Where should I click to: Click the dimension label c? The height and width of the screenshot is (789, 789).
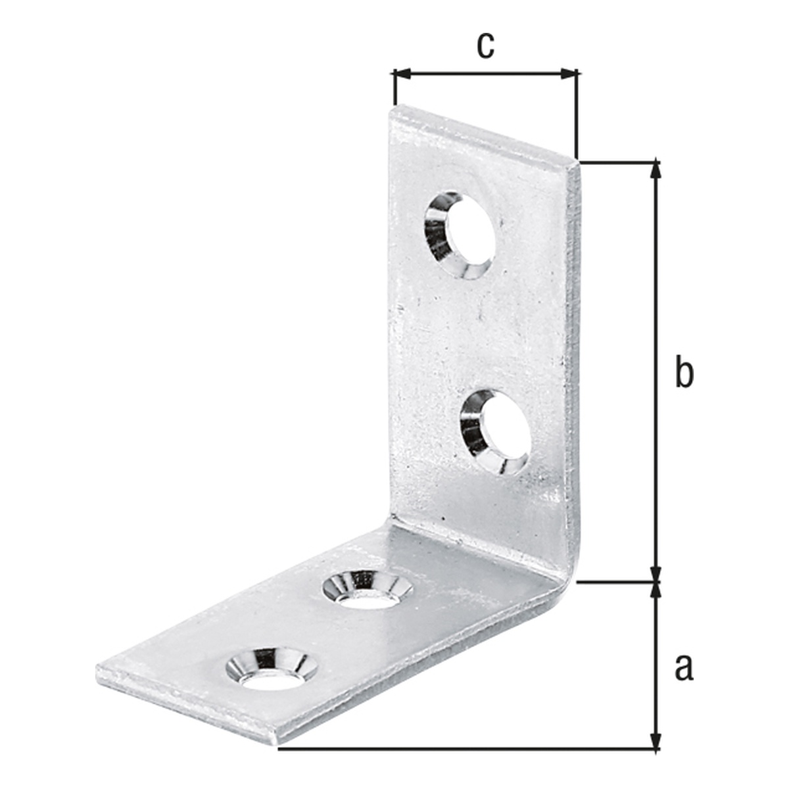(486, 45)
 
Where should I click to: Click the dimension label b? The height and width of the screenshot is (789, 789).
(684, 371)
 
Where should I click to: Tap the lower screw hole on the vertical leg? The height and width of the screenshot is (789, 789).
(496, 433)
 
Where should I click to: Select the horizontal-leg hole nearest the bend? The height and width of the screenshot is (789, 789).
(368, 592)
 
